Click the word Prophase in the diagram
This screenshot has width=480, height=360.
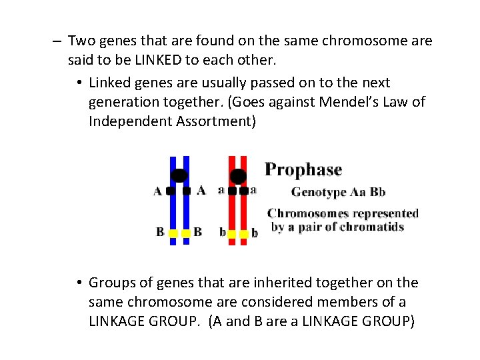tap(303, 170)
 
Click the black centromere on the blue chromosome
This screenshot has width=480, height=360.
tap(179, 176)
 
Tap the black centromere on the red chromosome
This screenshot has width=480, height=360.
tap(238, 176)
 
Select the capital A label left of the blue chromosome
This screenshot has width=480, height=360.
tap(157, 191)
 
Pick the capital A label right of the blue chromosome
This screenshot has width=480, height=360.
tap(201, 191)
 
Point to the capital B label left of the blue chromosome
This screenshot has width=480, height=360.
tap(160, 232)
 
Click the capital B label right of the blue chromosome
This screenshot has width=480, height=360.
tap(197, 232)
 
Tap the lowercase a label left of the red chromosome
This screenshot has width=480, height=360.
tap(221, 190)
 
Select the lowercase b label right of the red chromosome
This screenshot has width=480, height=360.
tap(255, 233)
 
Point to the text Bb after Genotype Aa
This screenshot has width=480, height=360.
tap(377, 192)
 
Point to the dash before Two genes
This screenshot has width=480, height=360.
tap(58, 41)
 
